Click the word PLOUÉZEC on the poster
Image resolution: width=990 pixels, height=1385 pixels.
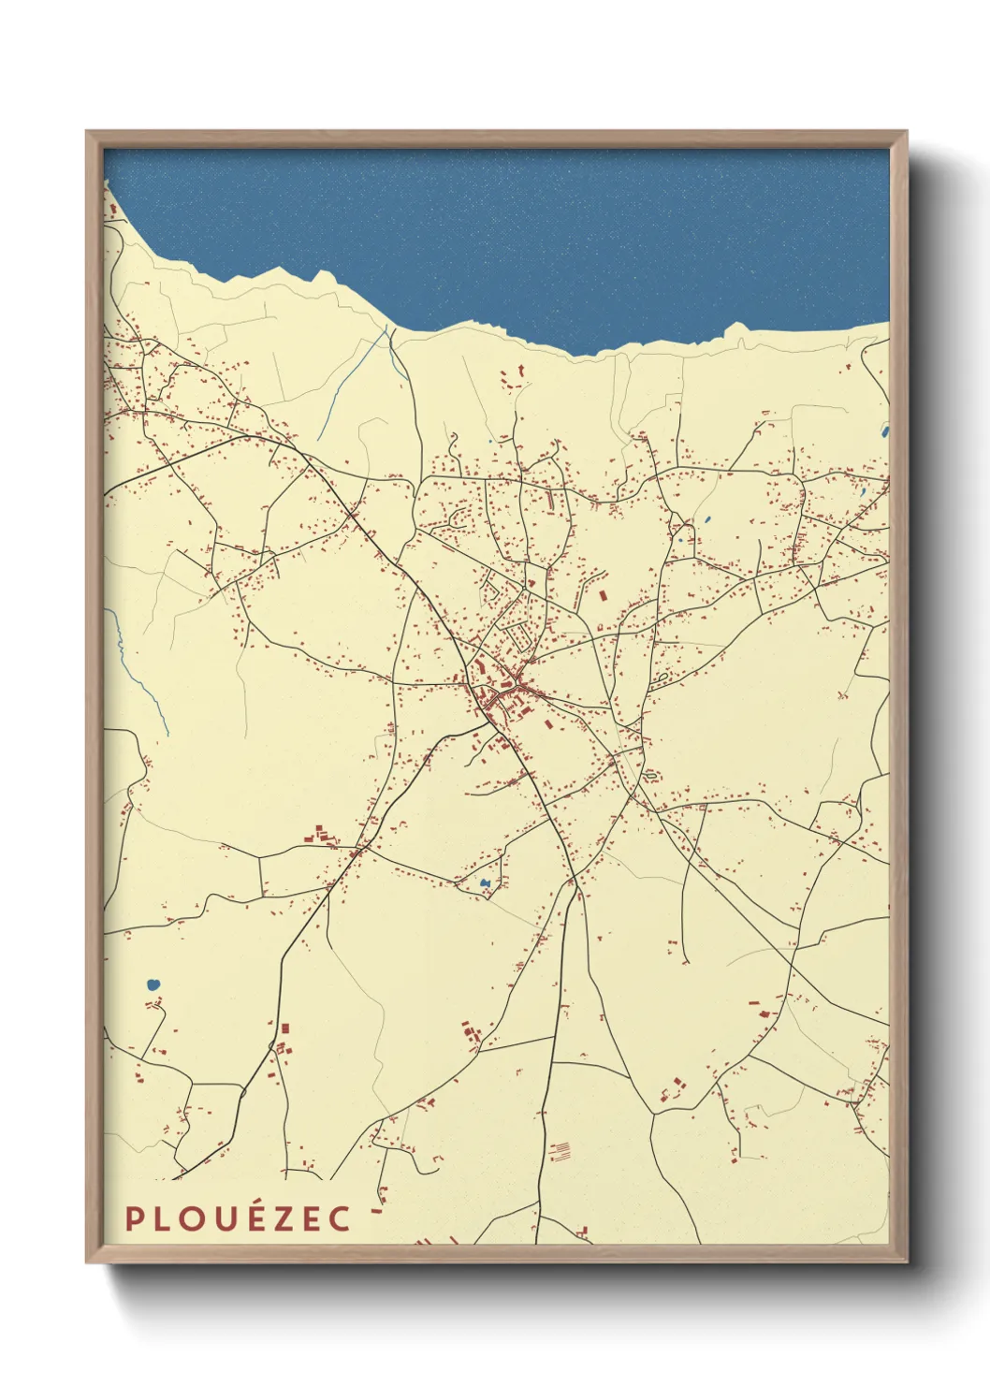[239, 1217]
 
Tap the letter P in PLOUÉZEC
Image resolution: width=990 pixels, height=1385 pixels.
[134, 1218]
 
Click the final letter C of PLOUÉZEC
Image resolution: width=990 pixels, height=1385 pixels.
[342, 1218]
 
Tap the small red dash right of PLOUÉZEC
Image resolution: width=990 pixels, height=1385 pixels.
[377, 1211]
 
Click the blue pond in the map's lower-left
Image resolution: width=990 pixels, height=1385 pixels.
[153, 984]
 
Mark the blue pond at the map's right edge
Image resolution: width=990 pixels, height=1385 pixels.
[884, 431]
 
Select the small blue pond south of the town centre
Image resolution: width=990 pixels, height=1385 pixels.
[485, 882]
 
